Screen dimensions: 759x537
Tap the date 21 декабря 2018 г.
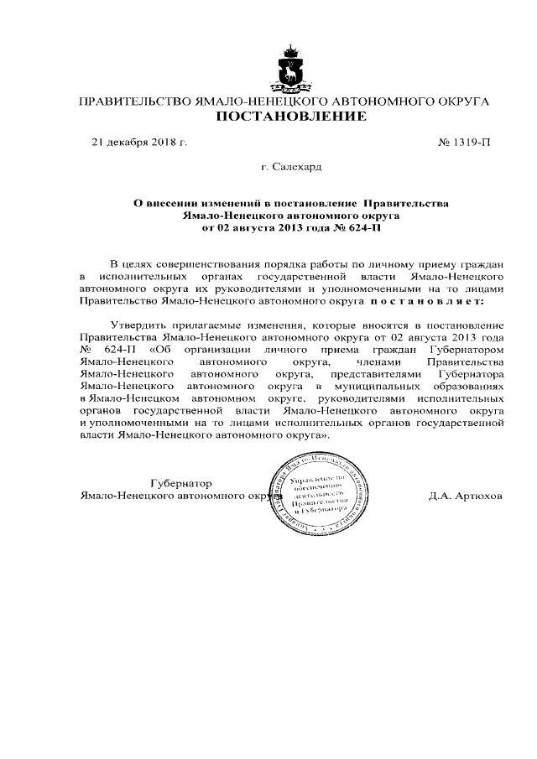pyautogui.click(x=139, y=142)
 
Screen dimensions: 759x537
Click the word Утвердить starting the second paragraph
pyautogui.click(x=138, y=325)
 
